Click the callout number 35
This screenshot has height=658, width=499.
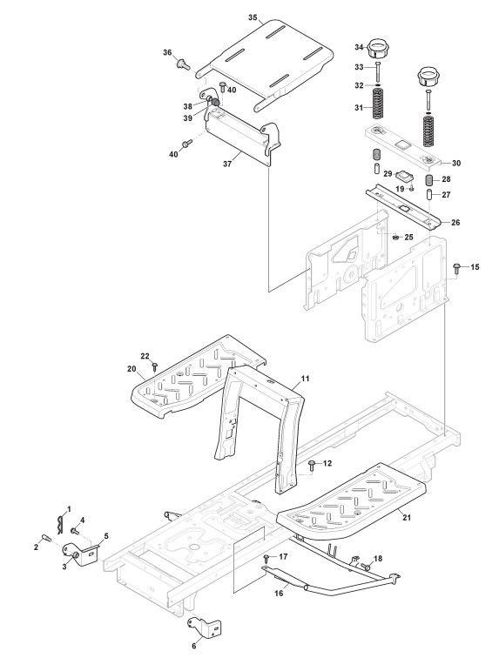click(253, 17)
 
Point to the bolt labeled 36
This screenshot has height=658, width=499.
click(182, 64)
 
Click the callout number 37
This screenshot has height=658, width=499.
click(227, 164)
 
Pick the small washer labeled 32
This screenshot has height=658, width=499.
click(378, 85)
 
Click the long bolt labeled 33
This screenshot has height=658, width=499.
click(378, 71)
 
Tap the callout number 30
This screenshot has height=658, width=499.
click(455, 163)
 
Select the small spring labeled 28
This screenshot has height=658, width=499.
click(429, 181)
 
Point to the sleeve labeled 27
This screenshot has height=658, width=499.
click(429, 194)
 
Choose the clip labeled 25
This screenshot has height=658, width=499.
click(395, 238)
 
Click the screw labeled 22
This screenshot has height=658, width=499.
click(154, 366)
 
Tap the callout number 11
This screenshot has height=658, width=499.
click(305, 379)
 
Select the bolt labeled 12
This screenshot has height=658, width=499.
click(312, 466)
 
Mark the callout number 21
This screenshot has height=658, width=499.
click(406, 517)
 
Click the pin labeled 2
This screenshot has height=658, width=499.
click(46, 538)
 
